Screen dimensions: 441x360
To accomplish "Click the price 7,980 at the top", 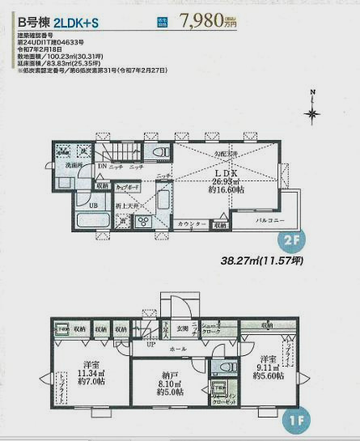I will point(202,19).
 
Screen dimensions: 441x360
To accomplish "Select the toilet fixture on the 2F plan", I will point(160,152).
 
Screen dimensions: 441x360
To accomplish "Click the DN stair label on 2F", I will point(102,167).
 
